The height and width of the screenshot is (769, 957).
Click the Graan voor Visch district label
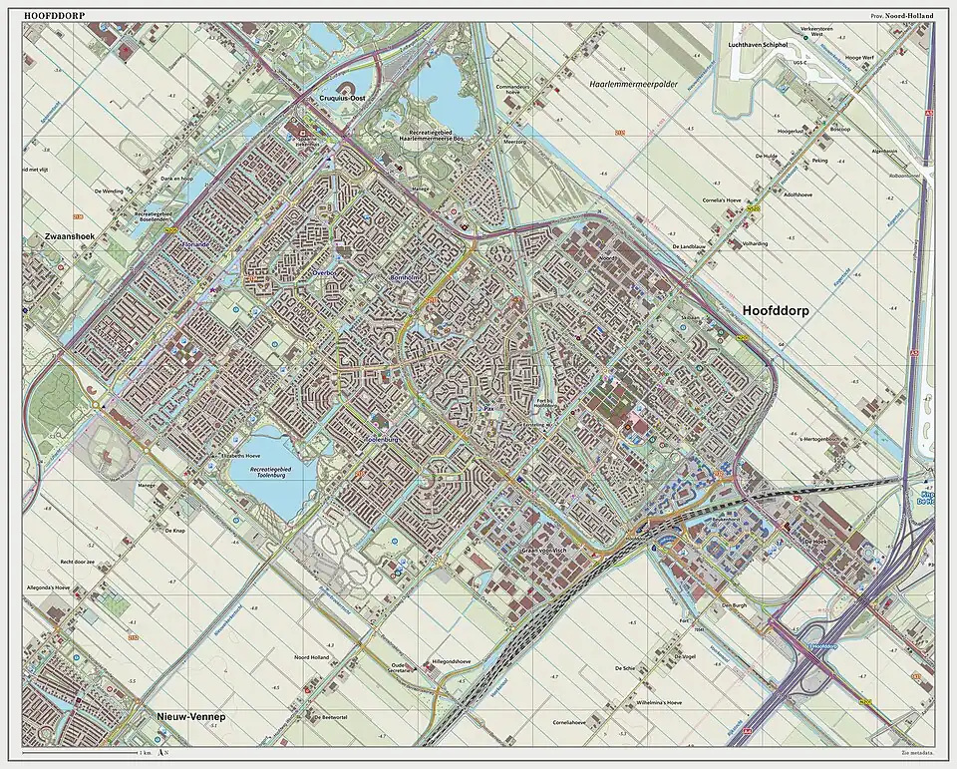click(544, 551)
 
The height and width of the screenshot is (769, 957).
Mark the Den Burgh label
click(734, 605)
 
